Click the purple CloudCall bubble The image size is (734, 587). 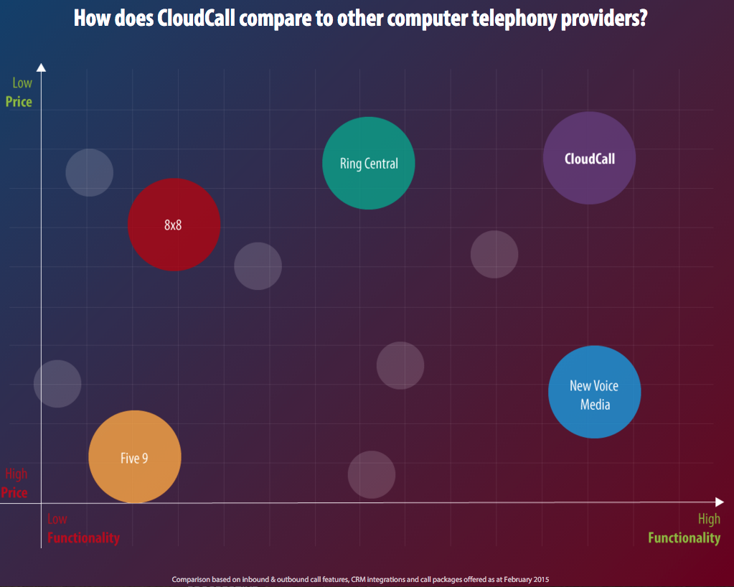589,159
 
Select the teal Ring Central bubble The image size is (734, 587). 369,163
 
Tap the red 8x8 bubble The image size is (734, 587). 174,225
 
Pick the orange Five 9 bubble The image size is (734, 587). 135,457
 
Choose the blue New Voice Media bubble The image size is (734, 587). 594,392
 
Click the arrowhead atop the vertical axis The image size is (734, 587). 41,67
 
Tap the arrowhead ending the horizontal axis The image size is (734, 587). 720,502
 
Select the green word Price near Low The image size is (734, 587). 19,102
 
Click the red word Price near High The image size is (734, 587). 14,493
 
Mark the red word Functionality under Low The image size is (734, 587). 83,538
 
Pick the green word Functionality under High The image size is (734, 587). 684,538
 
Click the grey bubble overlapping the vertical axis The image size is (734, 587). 57,384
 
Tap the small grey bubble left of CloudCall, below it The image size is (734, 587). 494,254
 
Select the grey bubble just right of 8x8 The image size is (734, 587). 258,266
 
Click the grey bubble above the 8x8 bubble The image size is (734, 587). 90,172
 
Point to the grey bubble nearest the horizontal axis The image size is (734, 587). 372,474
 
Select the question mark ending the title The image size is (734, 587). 644,19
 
